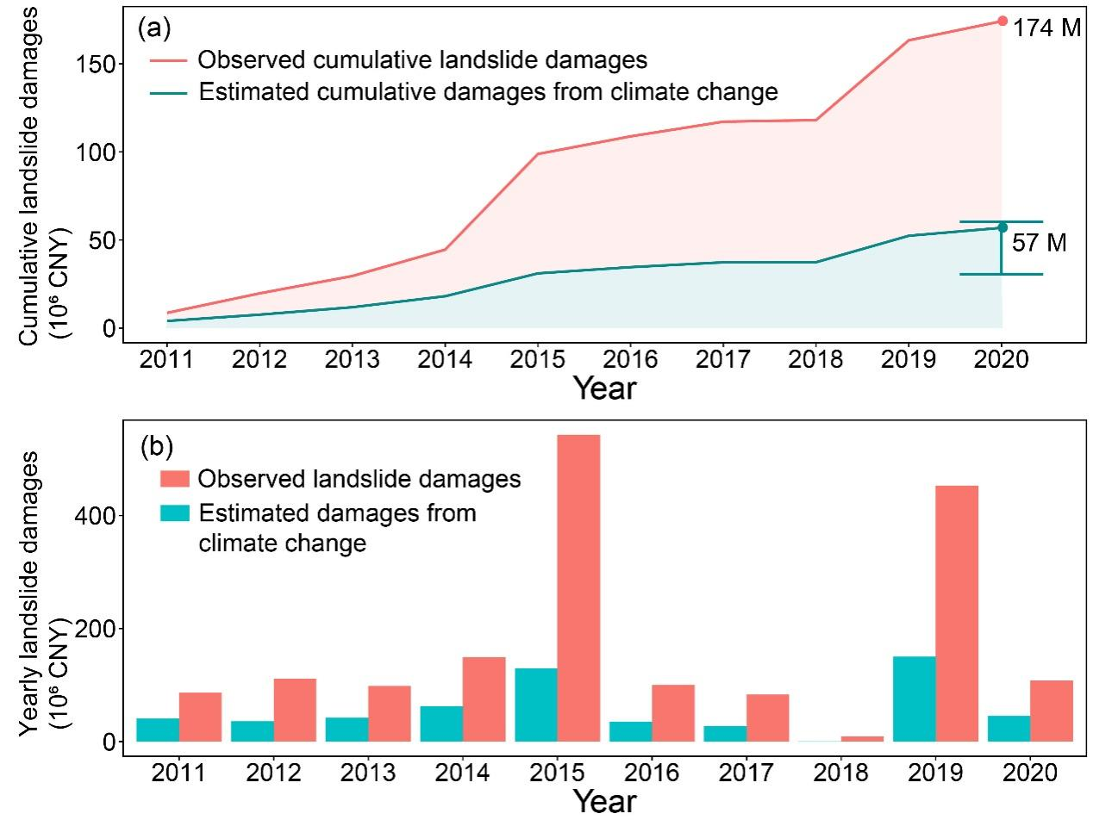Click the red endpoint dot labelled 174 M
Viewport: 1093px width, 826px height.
click(x=1002, y=21)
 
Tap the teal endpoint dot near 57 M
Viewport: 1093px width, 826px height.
click(x=1002, y=227)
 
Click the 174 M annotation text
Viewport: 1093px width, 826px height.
click(x=1046, y=28)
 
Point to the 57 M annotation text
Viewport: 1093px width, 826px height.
click(x=1039, y=243)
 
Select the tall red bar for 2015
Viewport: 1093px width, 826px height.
click(x=578, y=587)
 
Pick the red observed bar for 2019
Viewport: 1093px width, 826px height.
click(x=957, y=613)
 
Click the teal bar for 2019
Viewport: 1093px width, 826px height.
click(x=914, y=699)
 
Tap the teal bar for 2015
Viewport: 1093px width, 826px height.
click(x=536, y=705)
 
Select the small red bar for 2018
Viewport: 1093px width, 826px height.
click(x=862, y=738)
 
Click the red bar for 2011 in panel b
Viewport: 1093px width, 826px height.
click(x=200, y=717)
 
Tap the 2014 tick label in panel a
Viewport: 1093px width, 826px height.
click(x=445, y=358)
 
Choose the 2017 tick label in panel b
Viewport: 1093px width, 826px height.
click(x=746, y=772)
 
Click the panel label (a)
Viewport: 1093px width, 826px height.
click(x=154, y=28)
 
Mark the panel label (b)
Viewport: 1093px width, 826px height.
click(x=156, y=446)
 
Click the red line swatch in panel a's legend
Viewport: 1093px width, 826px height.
click(x=169, y=60)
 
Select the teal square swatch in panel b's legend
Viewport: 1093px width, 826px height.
click(x=173, y=512)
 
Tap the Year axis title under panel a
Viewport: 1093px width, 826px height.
click(x=604, y=388)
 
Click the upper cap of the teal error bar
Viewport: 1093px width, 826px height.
click(x=1002, y=222)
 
